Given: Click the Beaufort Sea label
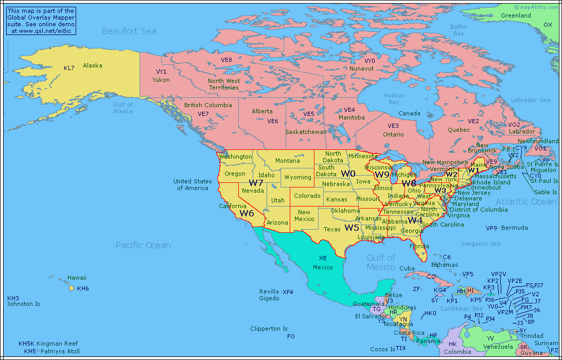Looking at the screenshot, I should click(129, 31).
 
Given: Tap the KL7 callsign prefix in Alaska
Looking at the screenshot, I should click(69, 68).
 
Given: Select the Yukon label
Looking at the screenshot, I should click(161, 80).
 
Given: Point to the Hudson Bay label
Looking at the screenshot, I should click(394, 98).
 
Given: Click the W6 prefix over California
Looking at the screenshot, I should click(247, 213).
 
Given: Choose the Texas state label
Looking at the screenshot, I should click(332, 229).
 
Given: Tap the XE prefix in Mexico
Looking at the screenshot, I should click(323, 258).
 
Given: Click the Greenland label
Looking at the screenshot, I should click(516, 15).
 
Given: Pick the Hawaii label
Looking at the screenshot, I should click(77, 278).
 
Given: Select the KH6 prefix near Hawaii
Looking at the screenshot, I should click(83, 288).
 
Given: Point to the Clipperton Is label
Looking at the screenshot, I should click(269, 329).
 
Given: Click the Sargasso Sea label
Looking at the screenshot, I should click(481, 244).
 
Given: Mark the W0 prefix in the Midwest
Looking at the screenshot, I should click(348, 174).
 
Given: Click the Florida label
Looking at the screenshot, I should click(419, 246).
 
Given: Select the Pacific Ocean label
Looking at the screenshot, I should click(143, 245).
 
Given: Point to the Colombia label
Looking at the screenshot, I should click(457, 352).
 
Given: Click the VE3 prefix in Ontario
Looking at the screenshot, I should click(393, 126).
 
